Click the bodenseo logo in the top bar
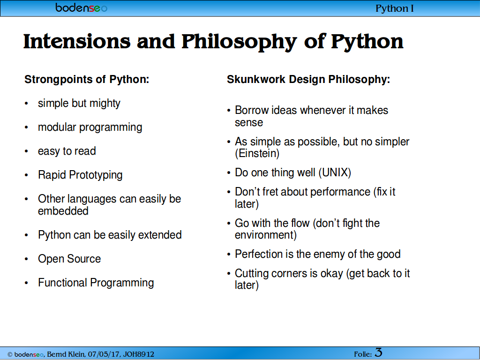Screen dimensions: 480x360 [81, 7]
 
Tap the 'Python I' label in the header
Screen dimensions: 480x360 [395, 8]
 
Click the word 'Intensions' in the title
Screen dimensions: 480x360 [77, 41]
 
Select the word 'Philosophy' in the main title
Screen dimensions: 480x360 [239, 42]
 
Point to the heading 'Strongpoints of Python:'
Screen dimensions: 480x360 [87, 79]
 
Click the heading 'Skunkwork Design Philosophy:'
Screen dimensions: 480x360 [308, 79]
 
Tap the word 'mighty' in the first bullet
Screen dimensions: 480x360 [105, 104]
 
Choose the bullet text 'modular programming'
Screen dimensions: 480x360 [90, 127]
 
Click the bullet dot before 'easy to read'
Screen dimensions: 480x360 [26, 151]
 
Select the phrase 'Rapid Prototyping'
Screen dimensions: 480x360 [80, 175]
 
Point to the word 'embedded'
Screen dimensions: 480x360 [63, 211]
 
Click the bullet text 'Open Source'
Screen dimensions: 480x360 [69, 259]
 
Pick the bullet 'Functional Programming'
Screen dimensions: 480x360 [96, 283]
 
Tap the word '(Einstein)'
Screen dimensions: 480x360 [257, 153]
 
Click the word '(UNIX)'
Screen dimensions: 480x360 [335, 172]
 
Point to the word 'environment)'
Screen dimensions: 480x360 [266, 235]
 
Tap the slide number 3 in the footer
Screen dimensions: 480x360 [378, 352]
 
